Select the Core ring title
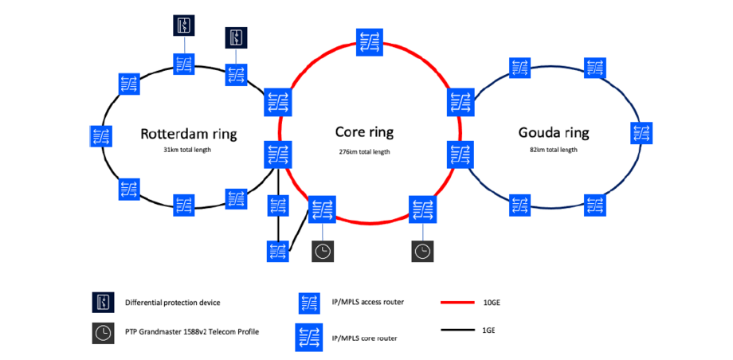364,132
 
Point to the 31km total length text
189,150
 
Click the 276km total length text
364,151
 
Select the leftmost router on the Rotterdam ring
101,136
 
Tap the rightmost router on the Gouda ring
641,132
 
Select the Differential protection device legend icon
103,303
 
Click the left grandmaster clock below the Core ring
323,251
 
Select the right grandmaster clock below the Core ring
423,251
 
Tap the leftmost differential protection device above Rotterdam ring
184,25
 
